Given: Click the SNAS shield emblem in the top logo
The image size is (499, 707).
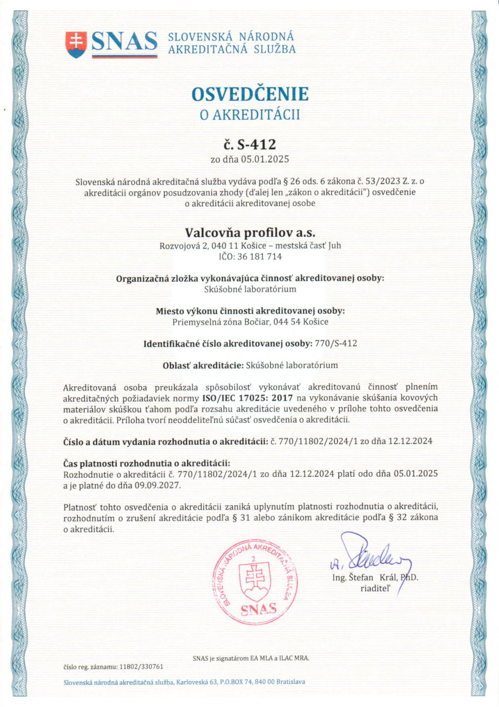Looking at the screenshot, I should [x=76, y=44].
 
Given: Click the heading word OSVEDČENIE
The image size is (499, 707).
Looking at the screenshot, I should [x=250, y=94].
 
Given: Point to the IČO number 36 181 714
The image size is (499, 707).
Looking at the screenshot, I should [x=259, y=256].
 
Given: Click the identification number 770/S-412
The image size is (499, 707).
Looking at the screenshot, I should [x=336, y=344].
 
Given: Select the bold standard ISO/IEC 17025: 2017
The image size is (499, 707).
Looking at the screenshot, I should [x=247, y=398].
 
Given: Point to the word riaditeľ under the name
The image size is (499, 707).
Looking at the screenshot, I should [x=375, y=588].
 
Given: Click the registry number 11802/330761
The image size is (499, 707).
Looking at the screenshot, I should [x=141, y=667].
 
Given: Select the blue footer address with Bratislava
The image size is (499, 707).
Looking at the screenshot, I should [x=184, y=682].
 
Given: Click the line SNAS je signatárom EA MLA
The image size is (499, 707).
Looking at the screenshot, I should [x=251, y=658].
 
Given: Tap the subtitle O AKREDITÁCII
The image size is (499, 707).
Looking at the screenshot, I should [x=250, y=115].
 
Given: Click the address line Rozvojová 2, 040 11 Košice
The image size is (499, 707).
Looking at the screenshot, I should [x=250, y=246].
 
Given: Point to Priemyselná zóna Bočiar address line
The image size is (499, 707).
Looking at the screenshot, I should [x=250, y=322].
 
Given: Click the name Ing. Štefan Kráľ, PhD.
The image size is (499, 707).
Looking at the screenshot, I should [x=375, y=578].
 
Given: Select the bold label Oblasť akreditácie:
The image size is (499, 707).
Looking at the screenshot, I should [x=203, y=365].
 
